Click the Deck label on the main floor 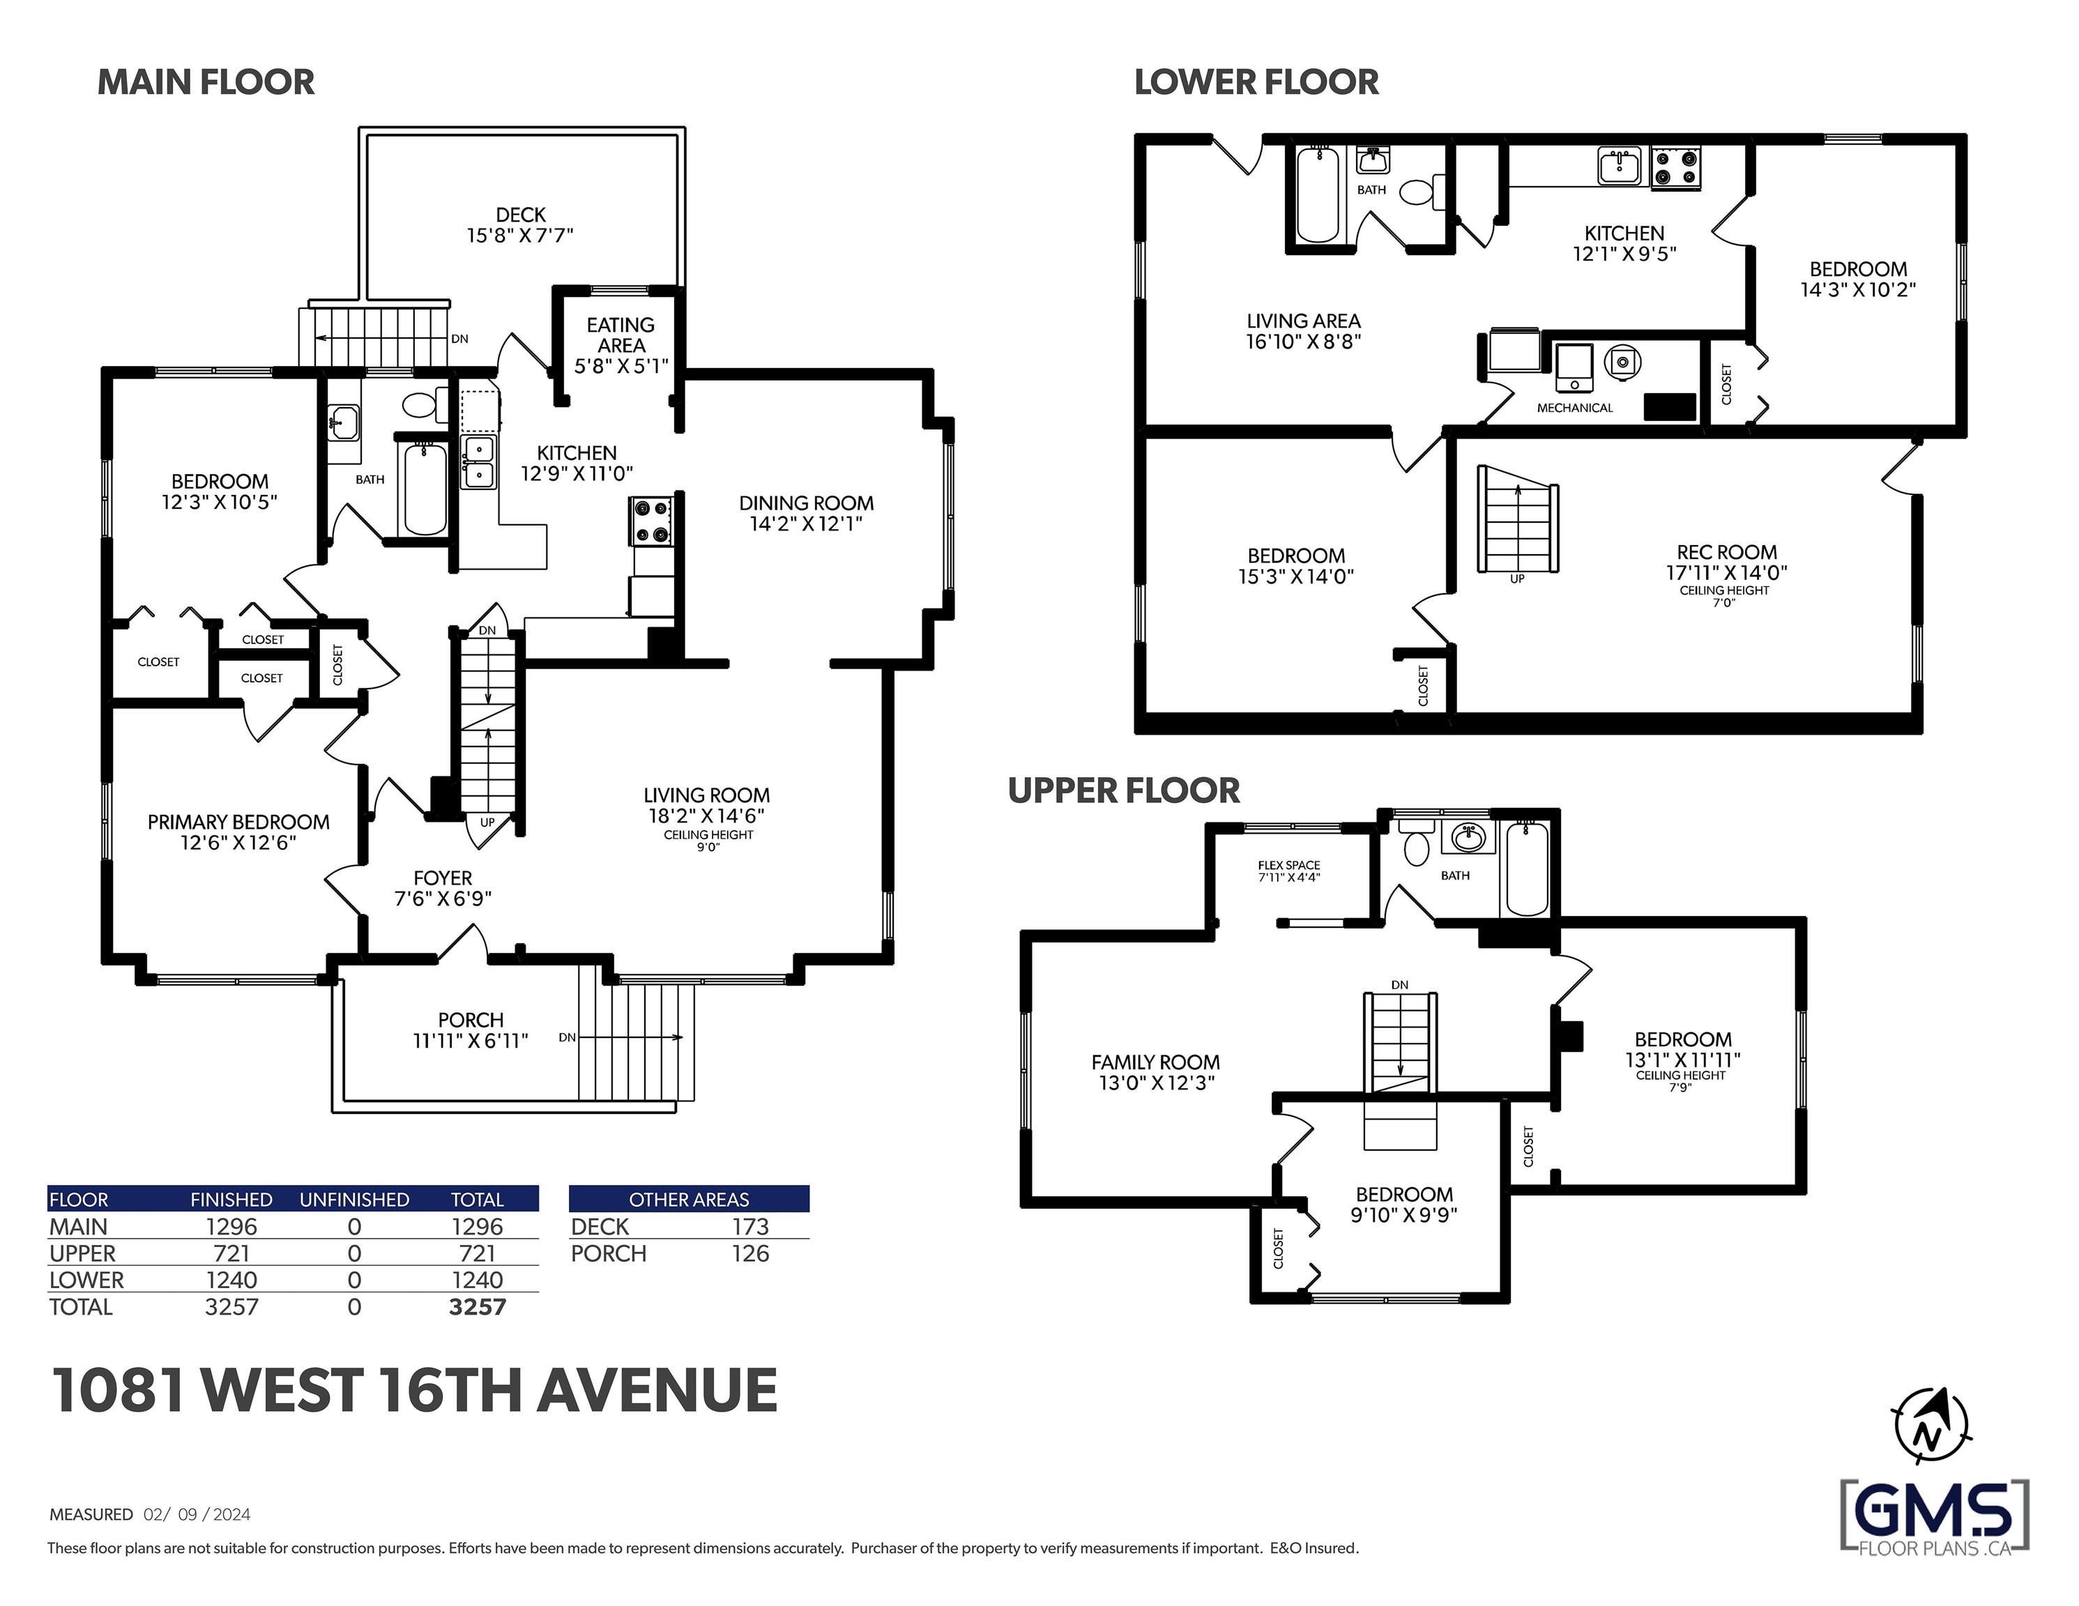pos(521,215)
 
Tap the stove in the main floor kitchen pos(651,521)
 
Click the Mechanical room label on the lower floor pos(1574,408)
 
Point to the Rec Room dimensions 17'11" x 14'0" pos(1726,572)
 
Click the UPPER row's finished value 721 pos(231,1254)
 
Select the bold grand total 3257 pos(477,1307)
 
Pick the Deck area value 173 pos(750,1227)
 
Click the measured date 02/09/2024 pos(197,1514)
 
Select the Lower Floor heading pos(1256,83)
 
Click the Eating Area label pos(620,335)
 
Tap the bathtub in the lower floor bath pos(1318,194)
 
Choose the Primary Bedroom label pos(238,822)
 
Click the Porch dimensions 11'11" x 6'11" pos(470,1041)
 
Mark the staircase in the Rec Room pos(1517,519)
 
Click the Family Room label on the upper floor pos(1155,1062)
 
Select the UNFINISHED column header pos(354,1200)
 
